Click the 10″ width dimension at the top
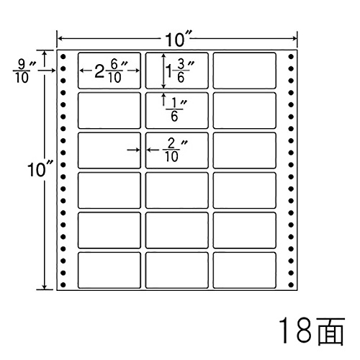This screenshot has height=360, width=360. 177,39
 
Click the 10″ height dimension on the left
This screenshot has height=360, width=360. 40,169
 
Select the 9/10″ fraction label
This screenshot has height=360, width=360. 24,71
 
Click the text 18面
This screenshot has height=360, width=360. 312,330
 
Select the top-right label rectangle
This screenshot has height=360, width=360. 244,71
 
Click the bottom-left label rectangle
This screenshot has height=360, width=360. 109,270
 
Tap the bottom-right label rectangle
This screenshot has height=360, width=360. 244,270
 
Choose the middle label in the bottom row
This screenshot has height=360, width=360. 176,270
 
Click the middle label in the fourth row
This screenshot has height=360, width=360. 176,190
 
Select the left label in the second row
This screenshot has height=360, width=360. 109,110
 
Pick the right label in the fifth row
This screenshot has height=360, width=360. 244,230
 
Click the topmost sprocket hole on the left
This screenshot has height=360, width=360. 63,57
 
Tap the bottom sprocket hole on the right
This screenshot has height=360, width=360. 291,285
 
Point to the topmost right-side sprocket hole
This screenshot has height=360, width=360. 291,57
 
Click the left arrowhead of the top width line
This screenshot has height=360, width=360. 60,38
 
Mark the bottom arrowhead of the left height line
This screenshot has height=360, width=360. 44,287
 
